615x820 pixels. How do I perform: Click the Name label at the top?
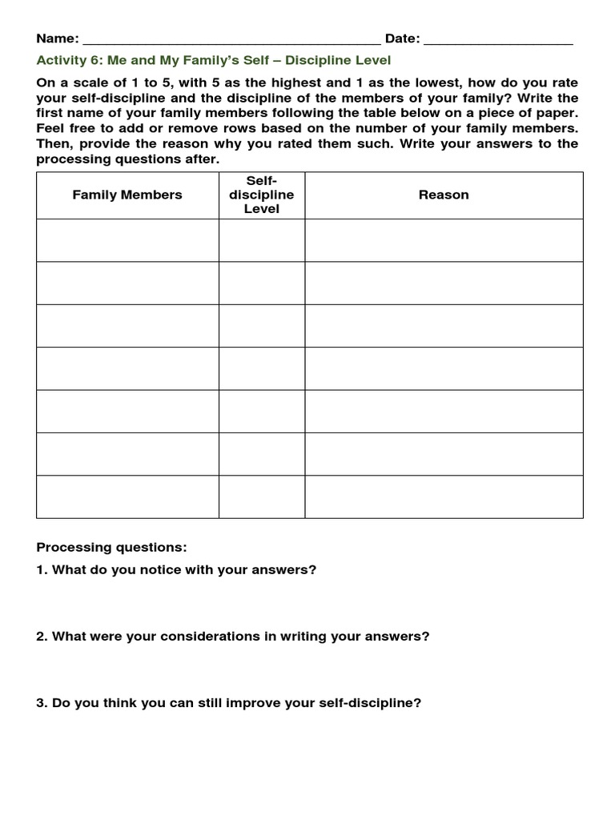point(57,38)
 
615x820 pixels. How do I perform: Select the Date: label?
point(403,38)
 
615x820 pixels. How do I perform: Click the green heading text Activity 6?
point(214,61)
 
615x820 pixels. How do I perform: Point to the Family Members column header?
point(127,195)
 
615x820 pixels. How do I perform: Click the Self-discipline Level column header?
point(262,195)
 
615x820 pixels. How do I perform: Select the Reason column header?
point(444,195)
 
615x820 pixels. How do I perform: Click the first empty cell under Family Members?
point(127,240)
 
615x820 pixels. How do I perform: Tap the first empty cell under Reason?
point(444,240)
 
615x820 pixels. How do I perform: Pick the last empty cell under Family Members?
point(127,496)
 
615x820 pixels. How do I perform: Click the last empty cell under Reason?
point(444,496)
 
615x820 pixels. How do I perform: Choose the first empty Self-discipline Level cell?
point(262,240)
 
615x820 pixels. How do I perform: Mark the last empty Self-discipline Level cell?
point(262,496)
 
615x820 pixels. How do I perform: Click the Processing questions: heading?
point(111,547)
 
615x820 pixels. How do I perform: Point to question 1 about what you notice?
point(176,569)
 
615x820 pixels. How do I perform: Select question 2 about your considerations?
point(232,637)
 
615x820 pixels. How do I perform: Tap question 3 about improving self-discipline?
point(228,703)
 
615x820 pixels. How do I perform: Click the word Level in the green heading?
point(373,61)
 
